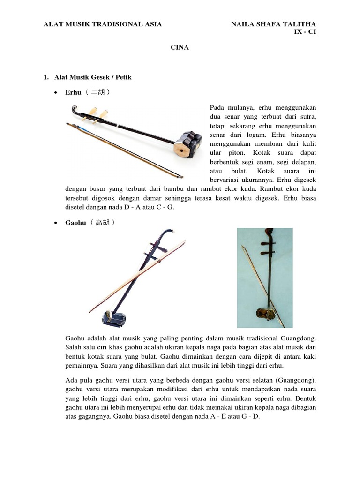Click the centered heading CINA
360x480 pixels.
(180, 47)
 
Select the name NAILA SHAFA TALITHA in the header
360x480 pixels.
(274, 24)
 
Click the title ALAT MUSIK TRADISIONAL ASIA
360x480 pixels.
(103, 24)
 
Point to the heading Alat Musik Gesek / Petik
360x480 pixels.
(93, 77)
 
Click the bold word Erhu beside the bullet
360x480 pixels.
(74, 92)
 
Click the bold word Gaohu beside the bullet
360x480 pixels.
(76, 223)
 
